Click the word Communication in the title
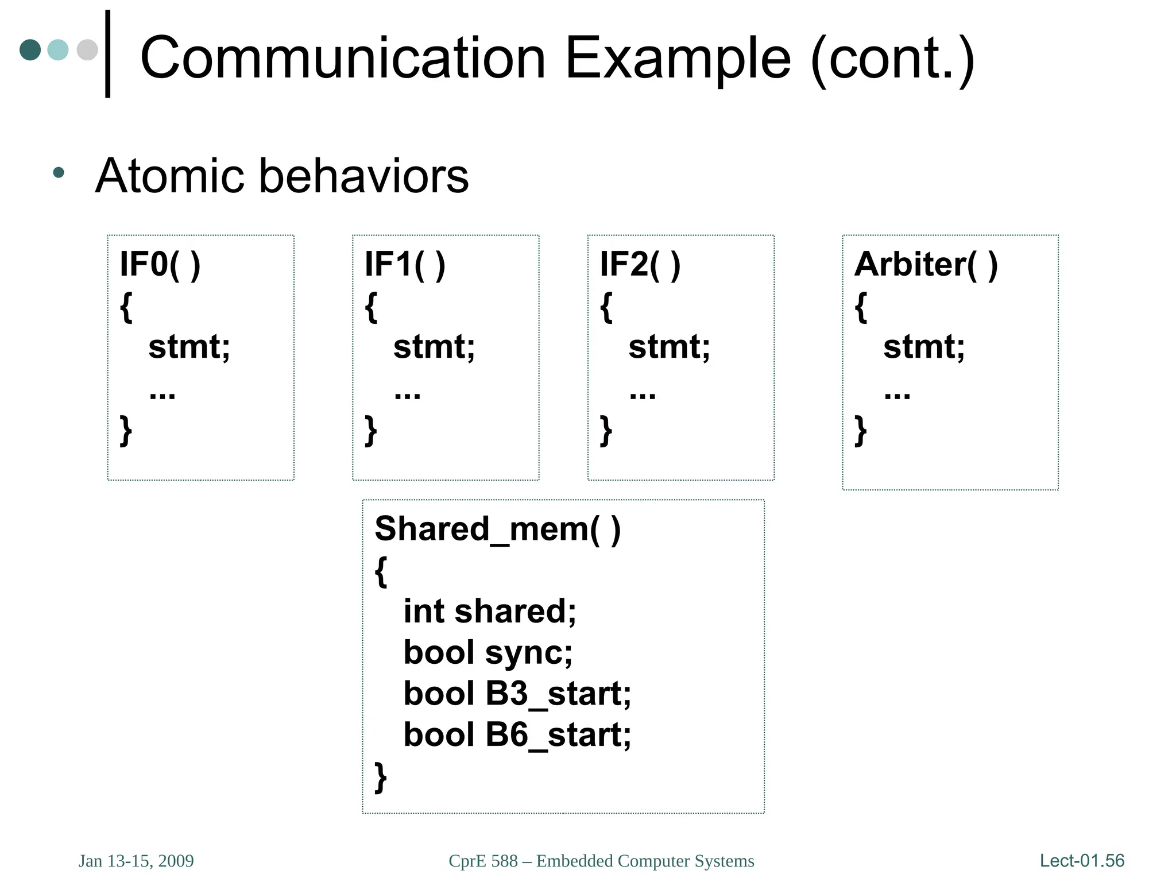(342, 57)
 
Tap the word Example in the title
(678, 59)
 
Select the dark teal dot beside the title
(30, 50)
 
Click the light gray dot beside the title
(87, 50)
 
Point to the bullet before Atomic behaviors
(58, 172)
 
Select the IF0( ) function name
(160, 265)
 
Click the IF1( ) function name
(405, 265)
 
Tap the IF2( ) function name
(640, 265)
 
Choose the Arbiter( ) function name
(926, 265)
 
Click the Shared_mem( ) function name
(497, 529)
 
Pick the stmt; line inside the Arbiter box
(923, 347)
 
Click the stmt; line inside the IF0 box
(189, 347)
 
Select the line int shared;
(489, 611)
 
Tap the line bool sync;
(488, 653)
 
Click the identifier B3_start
(558, 694)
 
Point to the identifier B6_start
(558, 735)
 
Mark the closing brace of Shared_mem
(380, 777)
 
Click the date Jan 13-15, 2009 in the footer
(136, 861)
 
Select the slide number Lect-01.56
(1082, 860)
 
